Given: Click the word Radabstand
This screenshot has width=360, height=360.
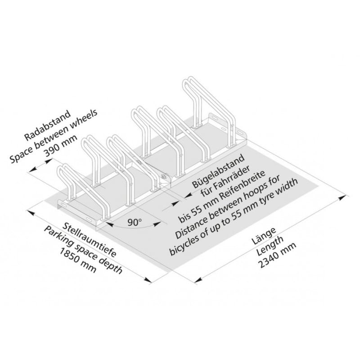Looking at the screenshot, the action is [x=48, y=125].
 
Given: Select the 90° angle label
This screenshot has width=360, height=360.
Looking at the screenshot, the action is [x=135, y=222].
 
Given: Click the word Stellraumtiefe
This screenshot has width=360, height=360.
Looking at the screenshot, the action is [x=89, y=239].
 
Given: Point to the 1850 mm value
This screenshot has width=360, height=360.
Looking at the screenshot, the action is [x=77, y=260].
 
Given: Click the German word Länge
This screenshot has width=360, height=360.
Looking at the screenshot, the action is [x=264, y=236].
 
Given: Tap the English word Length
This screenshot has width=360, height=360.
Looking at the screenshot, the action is [x=270, y=246].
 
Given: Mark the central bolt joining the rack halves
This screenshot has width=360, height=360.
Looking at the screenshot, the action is [x=164, y=176].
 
